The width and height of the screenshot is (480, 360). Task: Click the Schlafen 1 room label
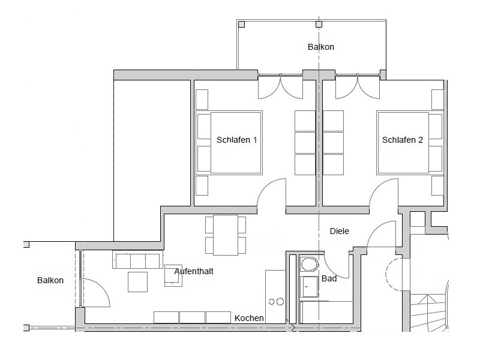(236, 140)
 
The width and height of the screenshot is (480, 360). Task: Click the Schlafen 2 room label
(403, 140)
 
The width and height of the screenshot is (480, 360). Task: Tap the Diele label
(339, 231)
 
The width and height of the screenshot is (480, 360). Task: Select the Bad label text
(329, 279)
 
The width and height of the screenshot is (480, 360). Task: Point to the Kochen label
(249, 318)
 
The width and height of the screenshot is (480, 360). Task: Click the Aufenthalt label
(194, 271)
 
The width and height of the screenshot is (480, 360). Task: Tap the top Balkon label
(320, 47)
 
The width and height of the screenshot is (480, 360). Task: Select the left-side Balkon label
(50, 280)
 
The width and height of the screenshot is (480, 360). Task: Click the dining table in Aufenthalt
(225, 235)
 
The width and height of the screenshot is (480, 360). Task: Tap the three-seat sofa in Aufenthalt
(137, 261)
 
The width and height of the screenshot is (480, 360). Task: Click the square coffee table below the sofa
(137, 282)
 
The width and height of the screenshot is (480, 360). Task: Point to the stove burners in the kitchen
(275, 302)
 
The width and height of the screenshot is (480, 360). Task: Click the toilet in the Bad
(310, 265)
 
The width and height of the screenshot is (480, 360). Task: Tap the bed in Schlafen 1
(230, 143)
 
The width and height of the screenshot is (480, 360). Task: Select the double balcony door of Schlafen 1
(280, 86)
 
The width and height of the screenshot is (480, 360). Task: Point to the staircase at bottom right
(429, 312)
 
